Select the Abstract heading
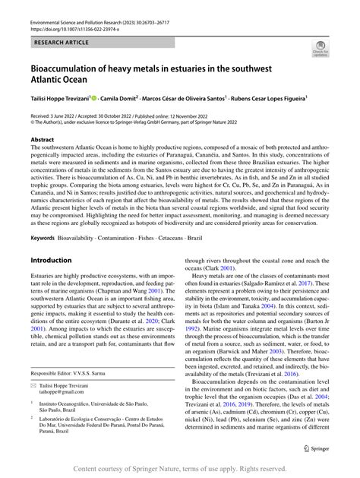(43, 141)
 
